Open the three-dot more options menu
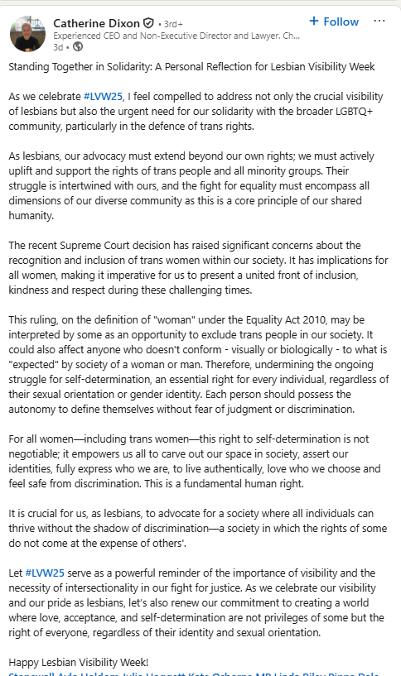379,21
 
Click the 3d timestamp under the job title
58,47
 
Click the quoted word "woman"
183,319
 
